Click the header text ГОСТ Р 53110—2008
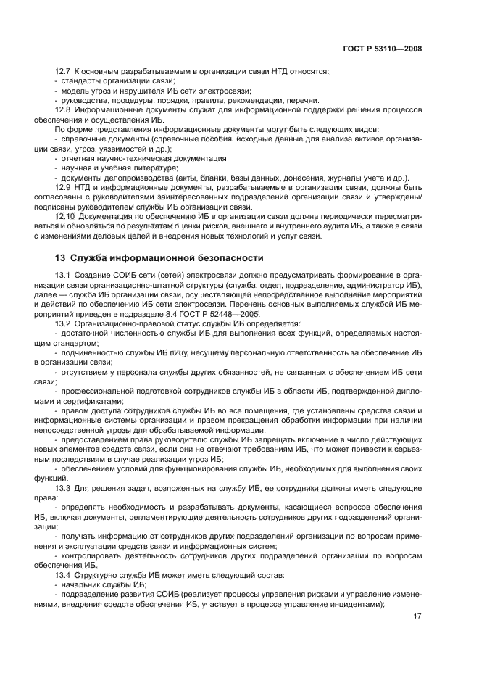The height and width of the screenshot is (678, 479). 383,49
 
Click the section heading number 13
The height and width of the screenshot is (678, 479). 60,257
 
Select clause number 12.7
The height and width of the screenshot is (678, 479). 64,71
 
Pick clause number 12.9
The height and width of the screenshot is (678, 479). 64,187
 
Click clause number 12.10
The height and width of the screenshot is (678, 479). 66,216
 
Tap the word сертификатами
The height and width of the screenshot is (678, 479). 91,401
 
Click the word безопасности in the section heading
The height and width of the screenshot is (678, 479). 224,257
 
